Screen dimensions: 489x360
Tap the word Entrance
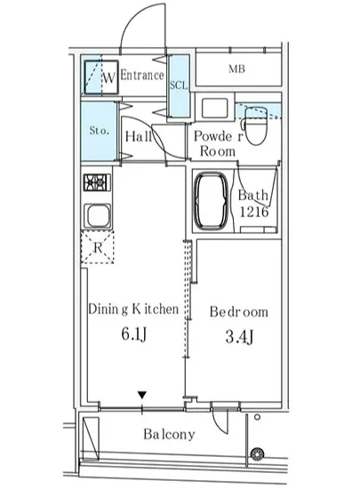click(x=142, y=76)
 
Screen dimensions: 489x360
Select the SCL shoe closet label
click(x=179, y=85)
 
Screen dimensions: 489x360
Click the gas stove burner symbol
click(x=96, y=184)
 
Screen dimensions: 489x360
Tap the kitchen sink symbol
click(x=96, y=217)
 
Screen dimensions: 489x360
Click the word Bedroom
click(x=239, y=312)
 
